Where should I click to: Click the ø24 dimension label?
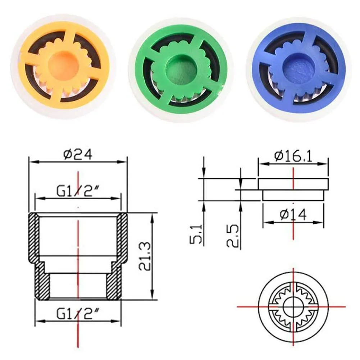coord(78,154)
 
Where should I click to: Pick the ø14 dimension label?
coord(293,215)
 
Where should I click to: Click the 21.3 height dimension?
coord(145,256)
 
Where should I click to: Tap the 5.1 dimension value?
coord(196,234)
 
